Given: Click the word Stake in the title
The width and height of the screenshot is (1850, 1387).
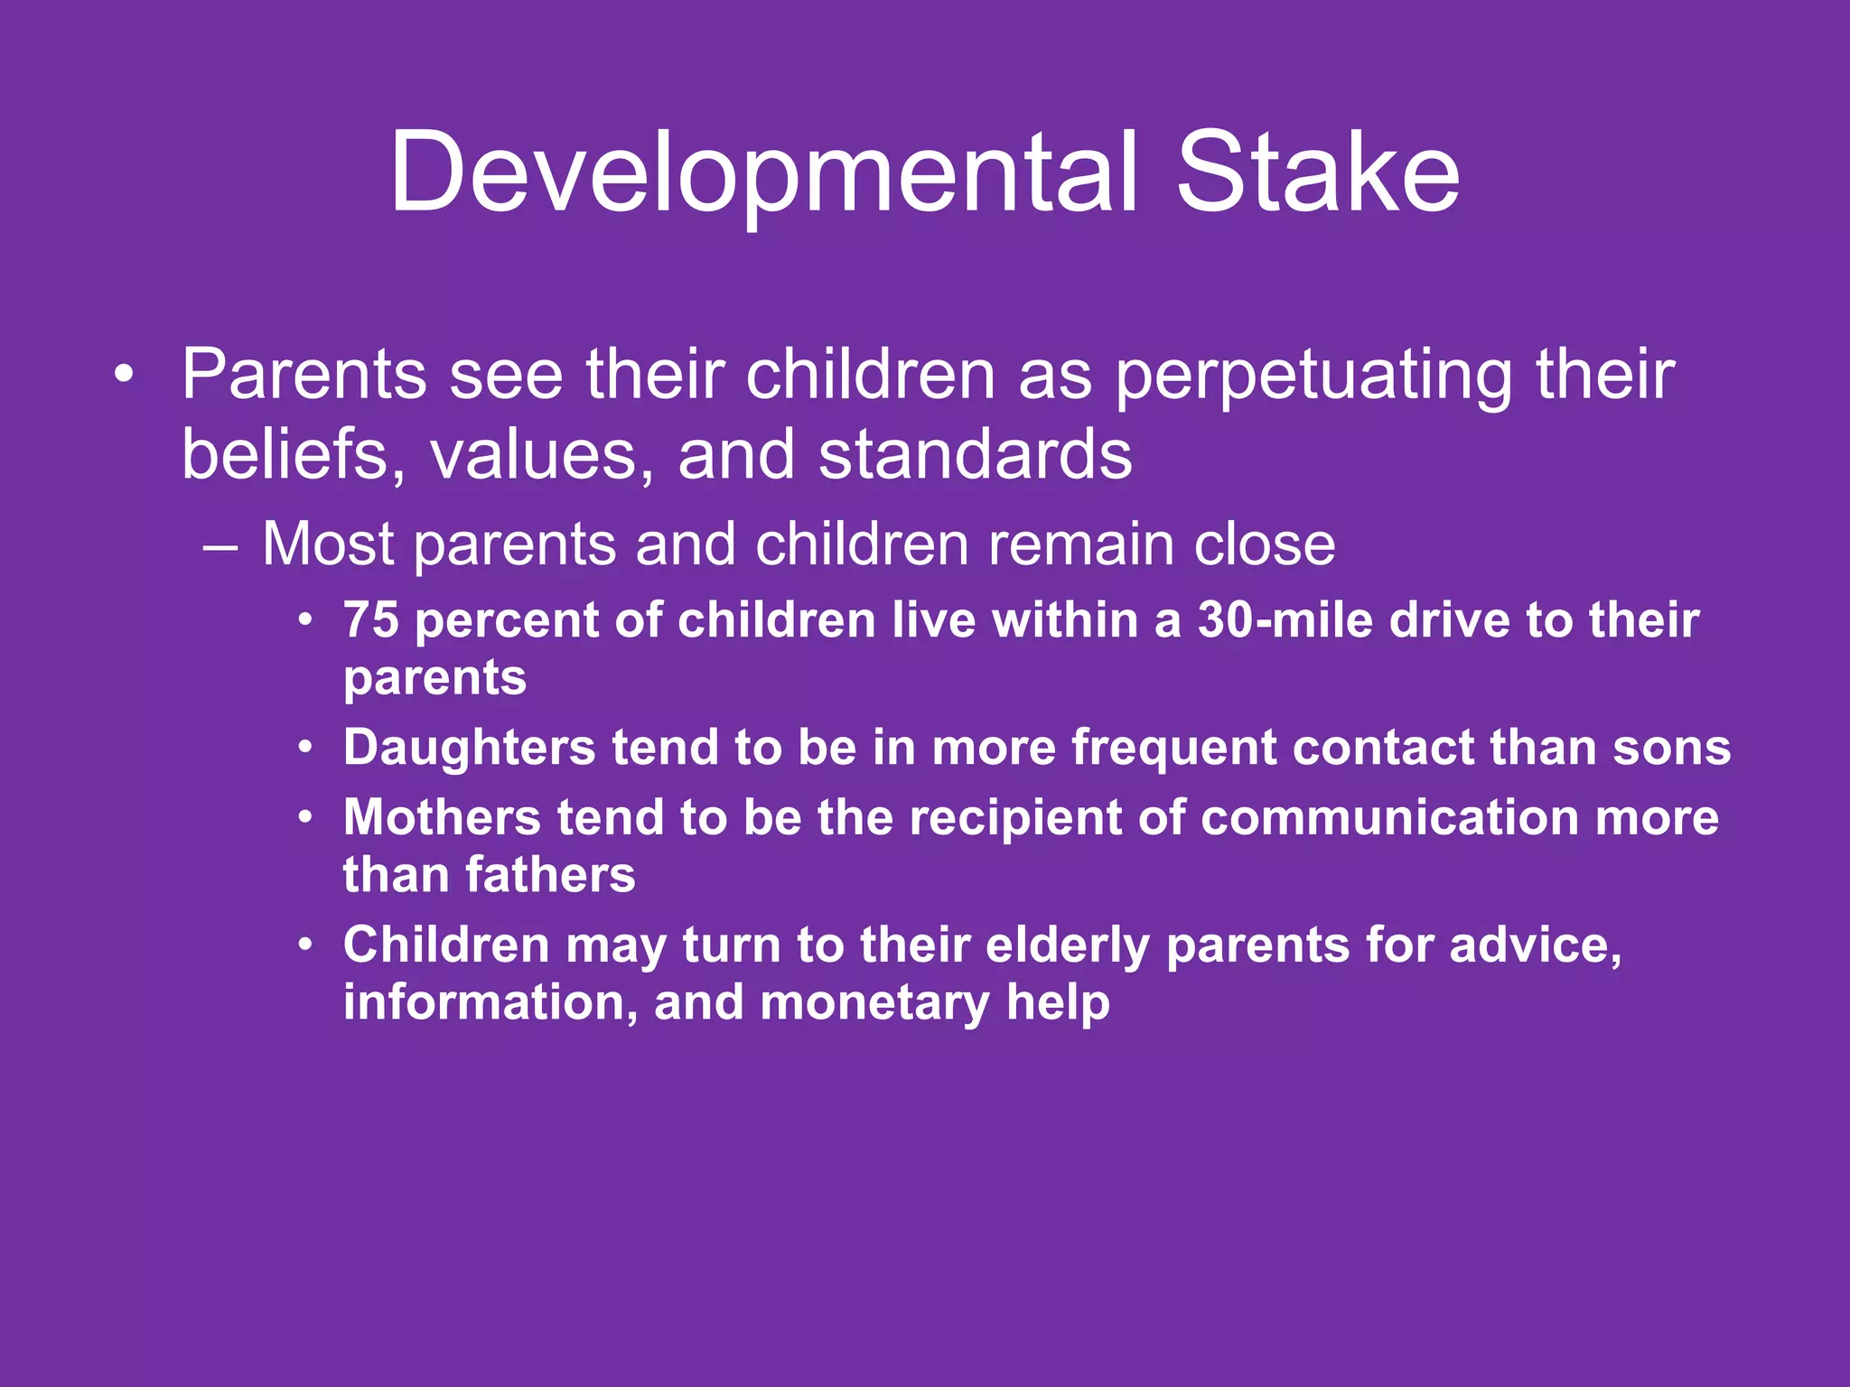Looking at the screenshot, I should pos(1317,173).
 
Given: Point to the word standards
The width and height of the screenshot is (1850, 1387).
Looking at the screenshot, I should pos(975,454).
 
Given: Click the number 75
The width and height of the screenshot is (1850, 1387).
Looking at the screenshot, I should pos(370,621).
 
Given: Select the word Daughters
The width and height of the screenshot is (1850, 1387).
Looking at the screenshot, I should pos(469,749).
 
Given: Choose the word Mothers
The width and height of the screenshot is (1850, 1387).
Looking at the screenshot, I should pos(442,818).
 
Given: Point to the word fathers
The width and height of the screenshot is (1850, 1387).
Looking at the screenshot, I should pos(550,876).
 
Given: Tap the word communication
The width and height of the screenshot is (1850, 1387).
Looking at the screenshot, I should pos(1388,818).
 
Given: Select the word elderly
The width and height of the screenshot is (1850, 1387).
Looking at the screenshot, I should pos(1067,946).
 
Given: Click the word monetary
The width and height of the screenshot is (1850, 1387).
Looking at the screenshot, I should pos(874,1003).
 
